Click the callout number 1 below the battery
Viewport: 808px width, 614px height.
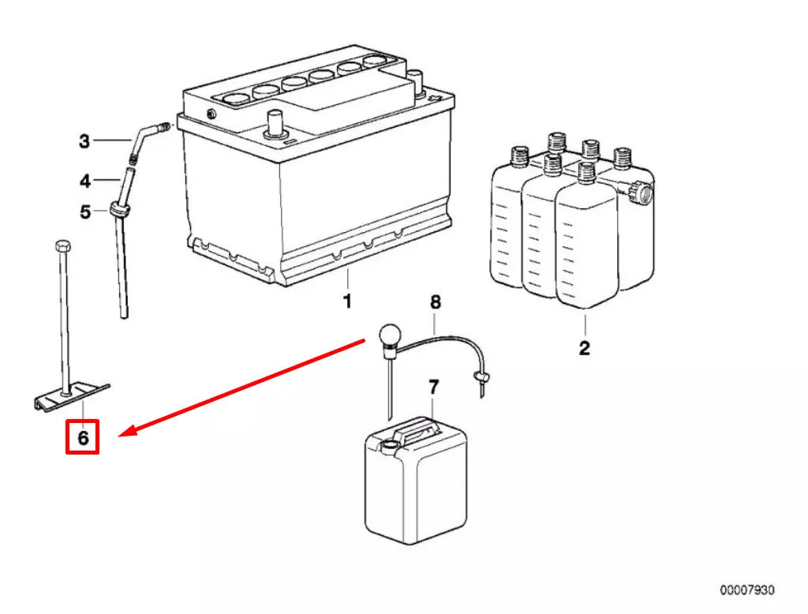pos(346,301)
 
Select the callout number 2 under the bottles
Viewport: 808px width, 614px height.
pos(584,348)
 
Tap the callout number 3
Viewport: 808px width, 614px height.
pos(84,142)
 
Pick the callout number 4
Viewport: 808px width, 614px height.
pos(85,182)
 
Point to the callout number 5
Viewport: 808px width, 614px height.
pos(85,212)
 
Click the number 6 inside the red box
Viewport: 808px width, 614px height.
pos(82,436)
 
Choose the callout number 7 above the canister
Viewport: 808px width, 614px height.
pos(433,387)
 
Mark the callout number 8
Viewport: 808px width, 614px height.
pos(435,301)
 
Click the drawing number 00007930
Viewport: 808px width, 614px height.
pos(746,590)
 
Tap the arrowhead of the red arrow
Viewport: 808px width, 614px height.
pos(127,432)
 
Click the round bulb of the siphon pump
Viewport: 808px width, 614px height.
pos(389,335)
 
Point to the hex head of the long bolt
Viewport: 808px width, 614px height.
pos(62,245)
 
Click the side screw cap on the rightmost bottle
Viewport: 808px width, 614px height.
pos(640,191)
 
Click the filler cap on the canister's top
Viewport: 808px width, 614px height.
pos(387,444)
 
